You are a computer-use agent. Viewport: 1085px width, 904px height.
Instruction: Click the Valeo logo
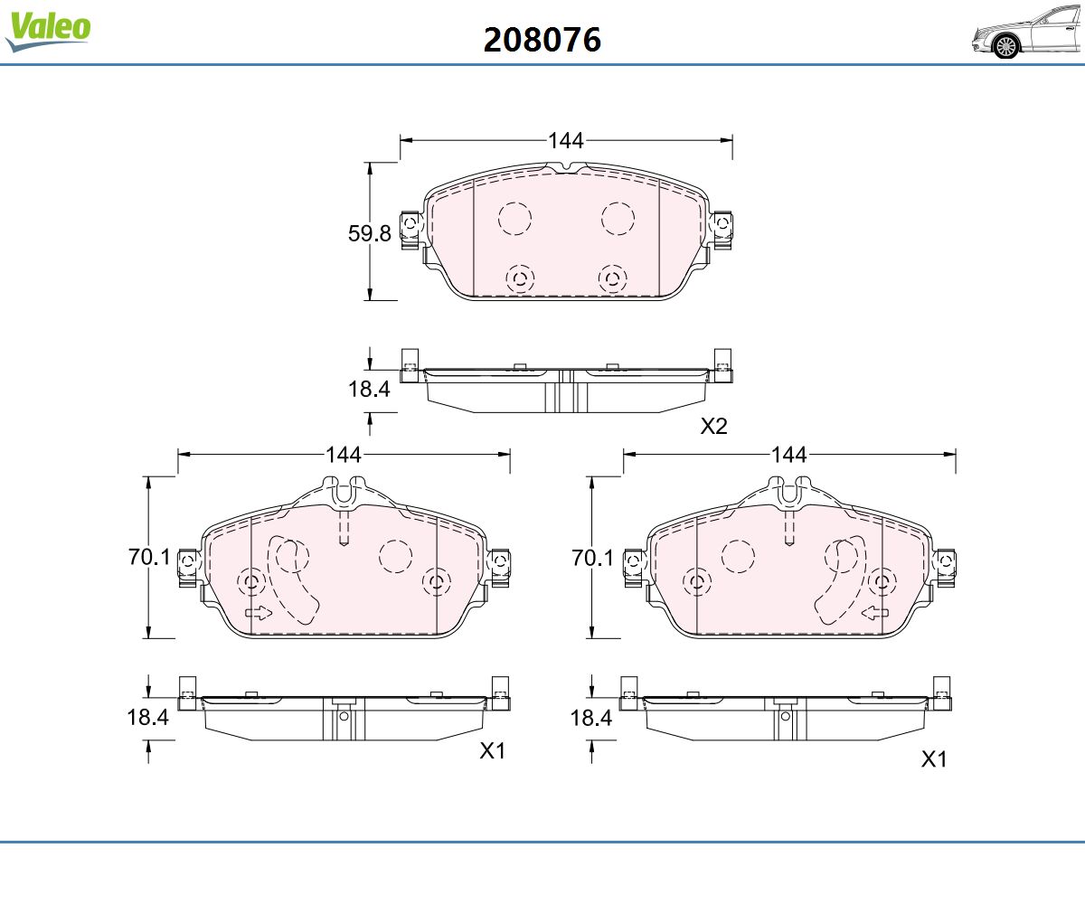pos(48,31)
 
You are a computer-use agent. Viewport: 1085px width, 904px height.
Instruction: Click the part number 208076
pos(542,40)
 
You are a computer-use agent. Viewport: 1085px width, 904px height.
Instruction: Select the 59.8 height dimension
pos(370,233)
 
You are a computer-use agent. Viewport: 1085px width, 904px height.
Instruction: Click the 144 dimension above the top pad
pos(566,140)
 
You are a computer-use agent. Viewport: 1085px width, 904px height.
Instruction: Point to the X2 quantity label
pos(713,426)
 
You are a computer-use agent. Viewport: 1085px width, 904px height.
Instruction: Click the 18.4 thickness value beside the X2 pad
pos(369,389)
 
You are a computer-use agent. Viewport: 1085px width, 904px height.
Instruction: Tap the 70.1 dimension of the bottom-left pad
pos(149,557)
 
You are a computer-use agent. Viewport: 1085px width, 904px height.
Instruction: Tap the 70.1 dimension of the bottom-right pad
pos(592,558)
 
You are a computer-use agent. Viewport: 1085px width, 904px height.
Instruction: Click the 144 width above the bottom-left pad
pos(344,455)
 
